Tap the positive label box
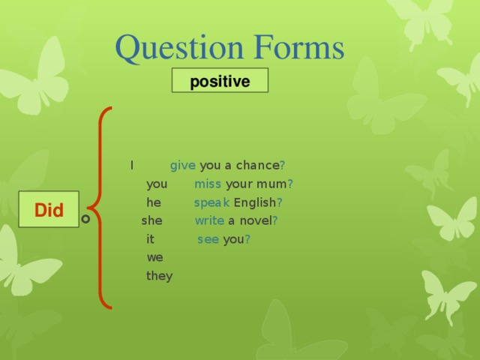(220, 81)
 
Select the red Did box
(49, 210)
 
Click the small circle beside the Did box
(85, 218)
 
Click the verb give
(183, 166)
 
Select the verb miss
(208, 184)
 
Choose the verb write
(209, 221)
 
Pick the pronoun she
(151, 221)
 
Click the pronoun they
(159, 276)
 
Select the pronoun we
(154, 257)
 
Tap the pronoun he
(154, 202)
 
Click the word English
(255, 202)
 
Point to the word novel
(256, 221)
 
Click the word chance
(256, 166)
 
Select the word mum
(272, 184)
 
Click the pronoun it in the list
(150, 239)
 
